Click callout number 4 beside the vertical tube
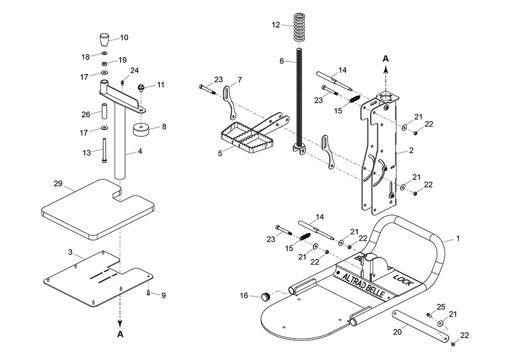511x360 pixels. (140, 151)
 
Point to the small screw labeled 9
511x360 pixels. (148, 292)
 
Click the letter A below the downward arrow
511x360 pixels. (120, 335)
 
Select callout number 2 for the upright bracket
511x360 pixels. (411, 152)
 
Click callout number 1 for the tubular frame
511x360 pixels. (458, 238)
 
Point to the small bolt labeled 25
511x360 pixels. (429, 315)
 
